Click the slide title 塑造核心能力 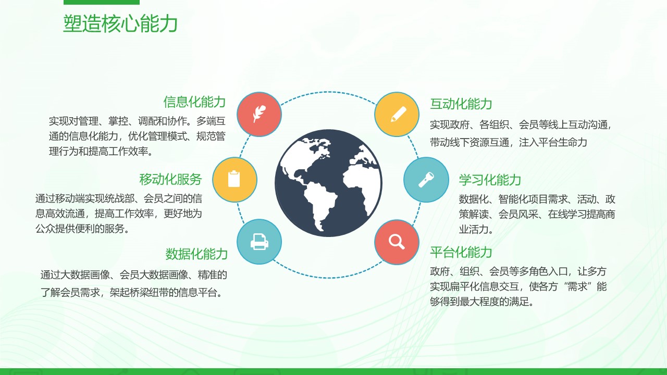pyautogui.click(x=120, y=23)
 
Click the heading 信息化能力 pyautogui.click(x=194, y=102)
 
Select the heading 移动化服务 pyautogui.click(x=170, y=179)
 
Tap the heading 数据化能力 pyautogui.click(x=196, y=254)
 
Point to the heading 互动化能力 pyautogui.click(x=461, y=104)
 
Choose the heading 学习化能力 pyautogui.click(x=490, y=180)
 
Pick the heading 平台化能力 pyautogui.click(x=461, y=253)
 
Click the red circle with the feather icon pyautogui.click(x=259, y=114)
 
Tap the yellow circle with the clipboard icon pyautogui.click(x=234, y=180)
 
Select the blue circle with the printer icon pyautogui.click(x=259, y=242)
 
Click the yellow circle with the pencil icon pyautogui.click(x=397, y=114)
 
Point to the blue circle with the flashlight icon pyautogui.click(x=426, y=180)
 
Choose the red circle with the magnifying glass pyautogui.click(x=397, y=242)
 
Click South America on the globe pyautogui.click(x=319, y=203)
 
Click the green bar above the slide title pyautogui.click(x=102, y=2)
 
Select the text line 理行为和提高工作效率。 pyautogui.click(x=102, y=152)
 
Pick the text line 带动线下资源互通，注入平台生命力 pyautogui.click(x=508, y=142)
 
